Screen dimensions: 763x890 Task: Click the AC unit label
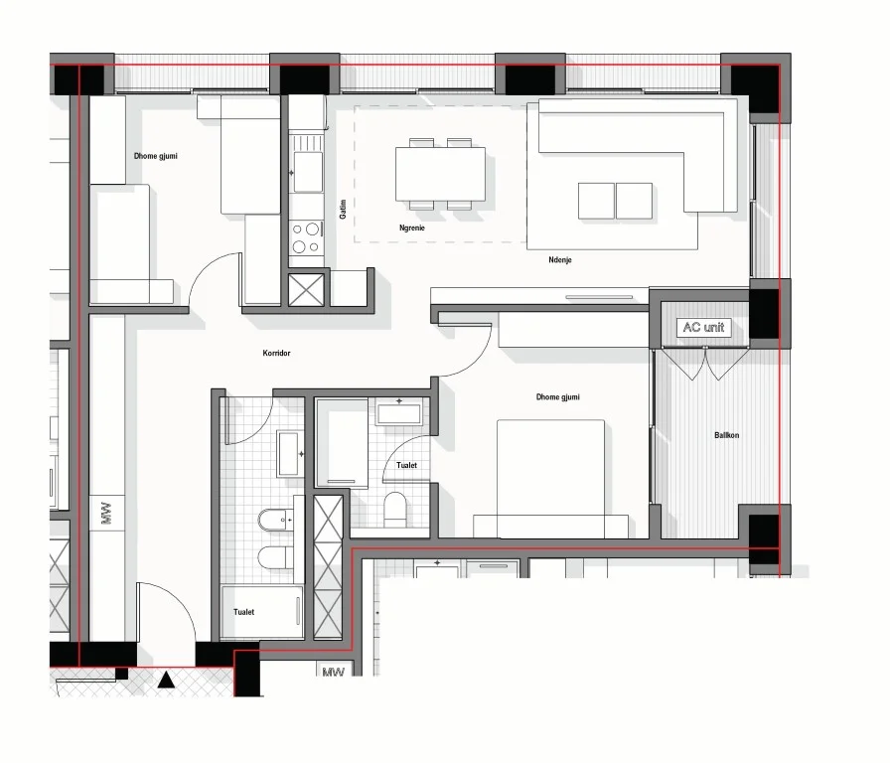point(704,328)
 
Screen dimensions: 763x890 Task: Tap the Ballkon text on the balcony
point(726,435)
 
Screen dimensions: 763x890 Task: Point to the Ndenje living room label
point(559,260)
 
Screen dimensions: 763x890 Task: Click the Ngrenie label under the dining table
point(412,228)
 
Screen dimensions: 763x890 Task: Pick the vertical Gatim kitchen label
point(343,209)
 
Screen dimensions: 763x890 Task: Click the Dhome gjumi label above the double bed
point(557,397)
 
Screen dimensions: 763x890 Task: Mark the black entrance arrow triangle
point(167,681)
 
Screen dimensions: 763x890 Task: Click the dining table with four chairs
point(440,174)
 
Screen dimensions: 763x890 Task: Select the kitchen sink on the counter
point(307,170)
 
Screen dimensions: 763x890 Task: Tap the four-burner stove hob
point(306,237)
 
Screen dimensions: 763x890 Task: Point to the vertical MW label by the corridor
point(106,517)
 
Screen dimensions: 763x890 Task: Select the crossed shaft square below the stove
point(306,288)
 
